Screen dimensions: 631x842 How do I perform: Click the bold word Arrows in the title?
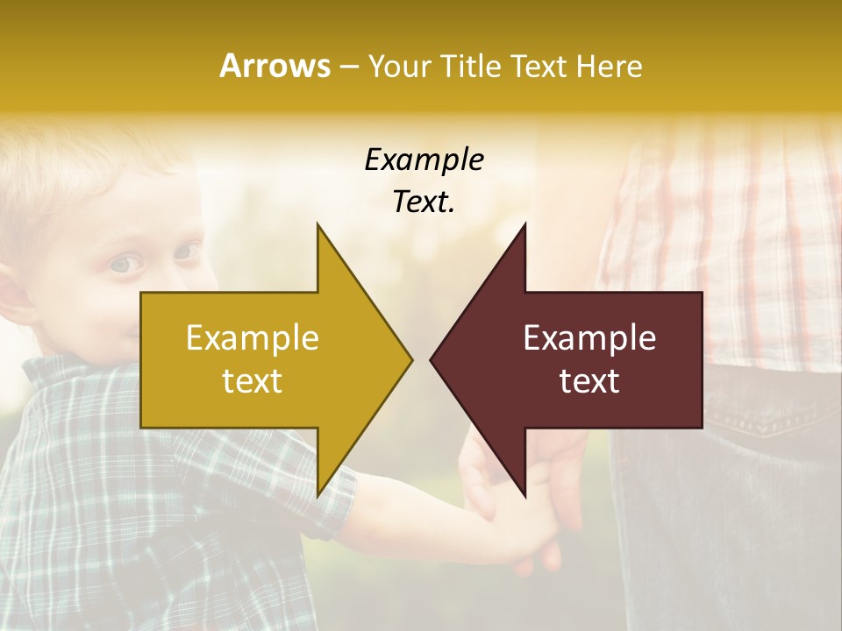coord(275,66)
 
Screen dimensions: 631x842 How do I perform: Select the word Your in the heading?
coord(400,66)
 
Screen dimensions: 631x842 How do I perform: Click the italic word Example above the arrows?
coord(424,160)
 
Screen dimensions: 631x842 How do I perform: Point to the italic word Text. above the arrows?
coord(424,202)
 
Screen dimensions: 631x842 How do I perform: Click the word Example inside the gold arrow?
coord(253,338)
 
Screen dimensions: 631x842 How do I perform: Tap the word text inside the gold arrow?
coord(253,381)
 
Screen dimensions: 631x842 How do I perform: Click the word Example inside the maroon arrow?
coord(589,338)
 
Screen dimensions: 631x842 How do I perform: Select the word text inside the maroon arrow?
coord(589,381)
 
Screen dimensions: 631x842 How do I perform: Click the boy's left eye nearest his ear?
coord(125,264)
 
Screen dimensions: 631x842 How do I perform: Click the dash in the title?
coord(348,67)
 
